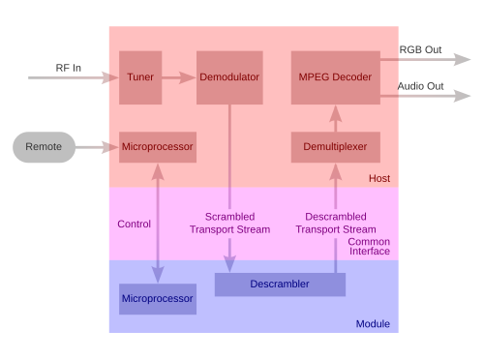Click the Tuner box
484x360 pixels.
point(140,77)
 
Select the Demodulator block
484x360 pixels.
point(229,77)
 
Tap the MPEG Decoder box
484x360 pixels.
point(336,77)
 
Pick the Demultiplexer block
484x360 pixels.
point(336,147)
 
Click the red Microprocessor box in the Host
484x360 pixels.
point(158,147)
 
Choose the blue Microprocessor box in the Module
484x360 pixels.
point(158,299)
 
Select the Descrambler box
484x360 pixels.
point(280,285)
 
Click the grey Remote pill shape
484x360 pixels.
point(44,147)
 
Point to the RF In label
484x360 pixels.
point(69,68)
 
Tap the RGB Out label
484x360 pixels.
point(420,49)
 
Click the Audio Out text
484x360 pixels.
point(420,86)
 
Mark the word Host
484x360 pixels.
point(379,178)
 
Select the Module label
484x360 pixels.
point(373,324)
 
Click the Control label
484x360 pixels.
point(134,224)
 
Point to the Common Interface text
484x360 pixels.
point(369,247)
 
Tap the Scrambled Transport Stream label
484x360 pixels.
point(229,223)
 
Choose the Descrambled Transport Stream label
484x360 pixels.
point(336,223)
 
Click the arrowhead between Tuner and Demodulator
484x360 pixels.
point(187,77)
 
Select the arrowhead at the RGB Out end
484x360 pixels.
point(462,60)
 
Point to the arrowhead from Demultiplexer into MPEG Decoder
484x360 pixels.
point(336,113)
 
